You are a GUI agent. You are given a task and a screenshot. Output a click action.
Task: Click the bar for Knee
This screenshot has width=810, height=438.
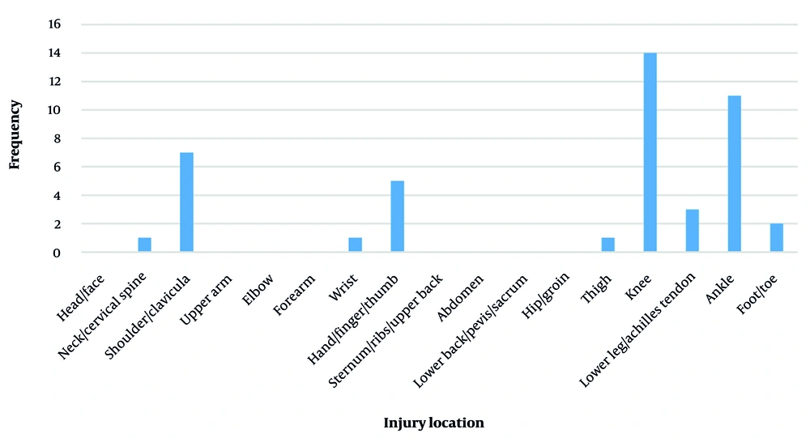coord(650,152)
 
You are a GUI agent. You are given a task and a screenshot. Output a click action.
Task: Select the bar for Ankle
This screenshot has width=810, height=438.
coord(734,174)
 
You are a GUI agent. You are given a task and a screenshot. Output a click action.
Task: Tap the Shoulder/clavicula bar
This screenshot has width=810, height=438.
coord(186,202)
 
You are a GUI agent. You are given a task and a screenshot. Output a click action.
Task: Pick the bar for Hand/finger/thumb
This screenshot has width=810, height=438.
coord(397,216)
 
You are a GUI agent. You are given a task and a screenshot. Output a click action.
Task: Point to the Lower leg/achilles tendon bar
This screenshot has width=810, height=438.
coord(692,231)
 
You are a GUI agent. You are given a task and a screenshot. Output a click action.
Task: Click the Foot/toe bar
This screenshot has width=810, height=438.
coord(776,238)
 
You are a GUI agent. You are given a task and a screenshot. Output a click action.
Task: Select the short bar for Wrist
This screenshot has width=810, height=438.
coord(355,245)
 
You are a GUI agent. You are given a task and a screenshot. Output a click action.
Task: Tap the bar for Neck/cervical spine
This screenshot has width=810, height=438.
coord(144,245)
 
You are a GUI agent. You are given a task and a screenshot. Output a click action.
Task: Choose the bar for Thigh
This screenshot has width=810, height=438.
coord(607,245)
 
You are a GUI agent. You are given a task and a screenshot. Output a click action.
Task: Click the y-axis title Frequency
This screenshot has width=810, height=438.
coord(15,134)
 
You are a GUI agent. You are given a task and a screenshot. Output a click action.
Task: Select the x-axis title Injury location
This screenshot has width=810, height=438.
coord(433,423)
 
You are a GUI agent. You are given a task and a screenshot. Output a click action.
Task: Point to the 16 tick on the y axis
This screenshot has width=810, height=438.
coord(53,24)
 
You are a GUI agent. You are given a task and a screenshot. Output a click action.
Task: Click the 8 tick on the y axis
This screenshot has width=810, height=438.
coord(56,138)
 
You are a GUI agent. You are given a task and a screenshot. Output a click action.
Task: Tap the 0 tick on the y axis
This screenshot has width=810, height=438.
coord(56,253)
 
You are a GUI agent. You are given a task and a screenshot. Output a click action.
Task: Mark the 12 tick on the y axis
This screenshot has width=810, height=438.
coord(53,81)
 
